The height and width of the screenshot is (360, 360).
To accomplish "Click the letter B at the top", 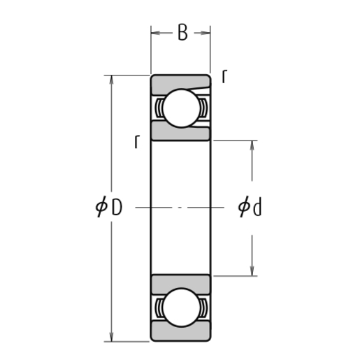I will [x=182, y=33].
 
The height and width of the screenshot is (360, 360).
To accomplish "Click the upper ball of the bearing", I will [x=181, y=108].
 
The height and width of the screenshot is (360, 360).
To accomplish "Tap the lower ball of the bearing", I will [x=181, y=307].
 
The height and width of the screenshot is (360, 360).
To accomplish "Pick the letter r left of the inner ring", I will [x=138, y=142].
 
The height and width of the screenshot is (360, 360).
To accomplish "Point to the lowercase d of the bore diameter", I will [x=257, y=208].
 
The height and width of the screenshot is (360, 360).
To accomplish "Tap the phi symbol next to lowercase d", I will [x=243, y=208].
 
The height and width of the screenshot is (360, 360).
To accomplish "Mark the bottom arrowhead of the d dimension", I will [x=252, y=271].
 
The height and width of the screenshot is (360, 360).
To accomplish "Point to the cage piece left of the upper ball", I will [x=160, y=108].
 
